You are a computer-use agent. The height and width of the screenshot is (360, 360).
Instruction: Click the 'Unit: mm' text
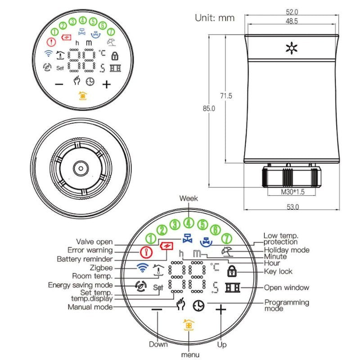pos(215,18)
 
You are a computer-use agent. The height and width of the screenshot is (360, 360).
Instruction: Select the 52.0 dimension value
pos(292,12)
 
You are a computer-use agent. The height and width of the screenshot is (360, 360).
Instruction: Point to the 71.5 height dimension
pos(226,96)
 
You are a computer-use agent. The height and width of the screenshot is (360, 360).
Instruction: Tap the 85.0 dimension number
pos(209,108)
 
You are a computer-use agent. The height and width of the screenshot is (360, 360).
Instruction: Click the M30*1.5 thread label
pos(293,192)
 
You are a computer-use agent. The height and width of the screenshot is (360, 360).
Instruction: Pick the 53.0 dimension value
pos(293,207)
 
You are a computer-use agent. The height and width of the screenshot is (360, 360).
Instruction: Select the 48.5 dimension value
pos(292,21)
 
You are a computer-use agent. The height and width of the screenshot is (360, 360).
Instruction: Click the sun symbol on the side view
pos(292,48)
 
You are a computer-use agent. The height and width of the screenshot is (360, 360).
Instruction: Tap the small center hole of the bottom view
pos(81,168)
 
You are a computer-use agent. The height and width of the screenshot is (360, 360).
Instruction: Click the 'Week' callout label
pos(189,198)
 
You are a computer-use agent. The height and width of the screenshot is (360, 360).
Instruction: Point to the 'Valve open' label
pos(94,242)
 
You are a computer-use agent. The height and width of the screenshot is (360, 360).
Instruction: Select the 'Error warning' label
pos(90,250)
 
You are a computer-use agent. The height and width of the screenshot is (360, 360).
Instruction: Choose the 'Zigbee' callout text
pos(101,268)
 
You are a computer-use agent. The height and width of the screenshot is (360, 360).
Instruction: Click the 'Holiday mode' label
pos(287,250)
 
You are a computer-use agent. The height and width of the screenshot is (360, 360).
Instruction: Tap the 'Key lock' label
pos(278,271)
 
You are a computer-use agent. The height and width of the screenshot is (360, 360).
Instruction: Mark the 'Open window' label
pos(287,288)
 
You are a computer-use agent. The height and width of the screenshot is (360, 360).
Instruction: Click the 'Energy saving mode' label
pos(81,285)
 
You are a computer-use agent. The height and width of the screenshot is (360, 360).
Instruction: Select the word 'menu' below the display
pos(190,355)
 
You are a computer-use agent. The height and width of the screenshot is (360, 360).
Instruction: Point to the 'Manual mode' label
pos(90,307)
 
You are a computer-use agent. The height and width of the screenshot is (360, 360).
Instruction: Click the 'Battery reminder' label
pos(85,259)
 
